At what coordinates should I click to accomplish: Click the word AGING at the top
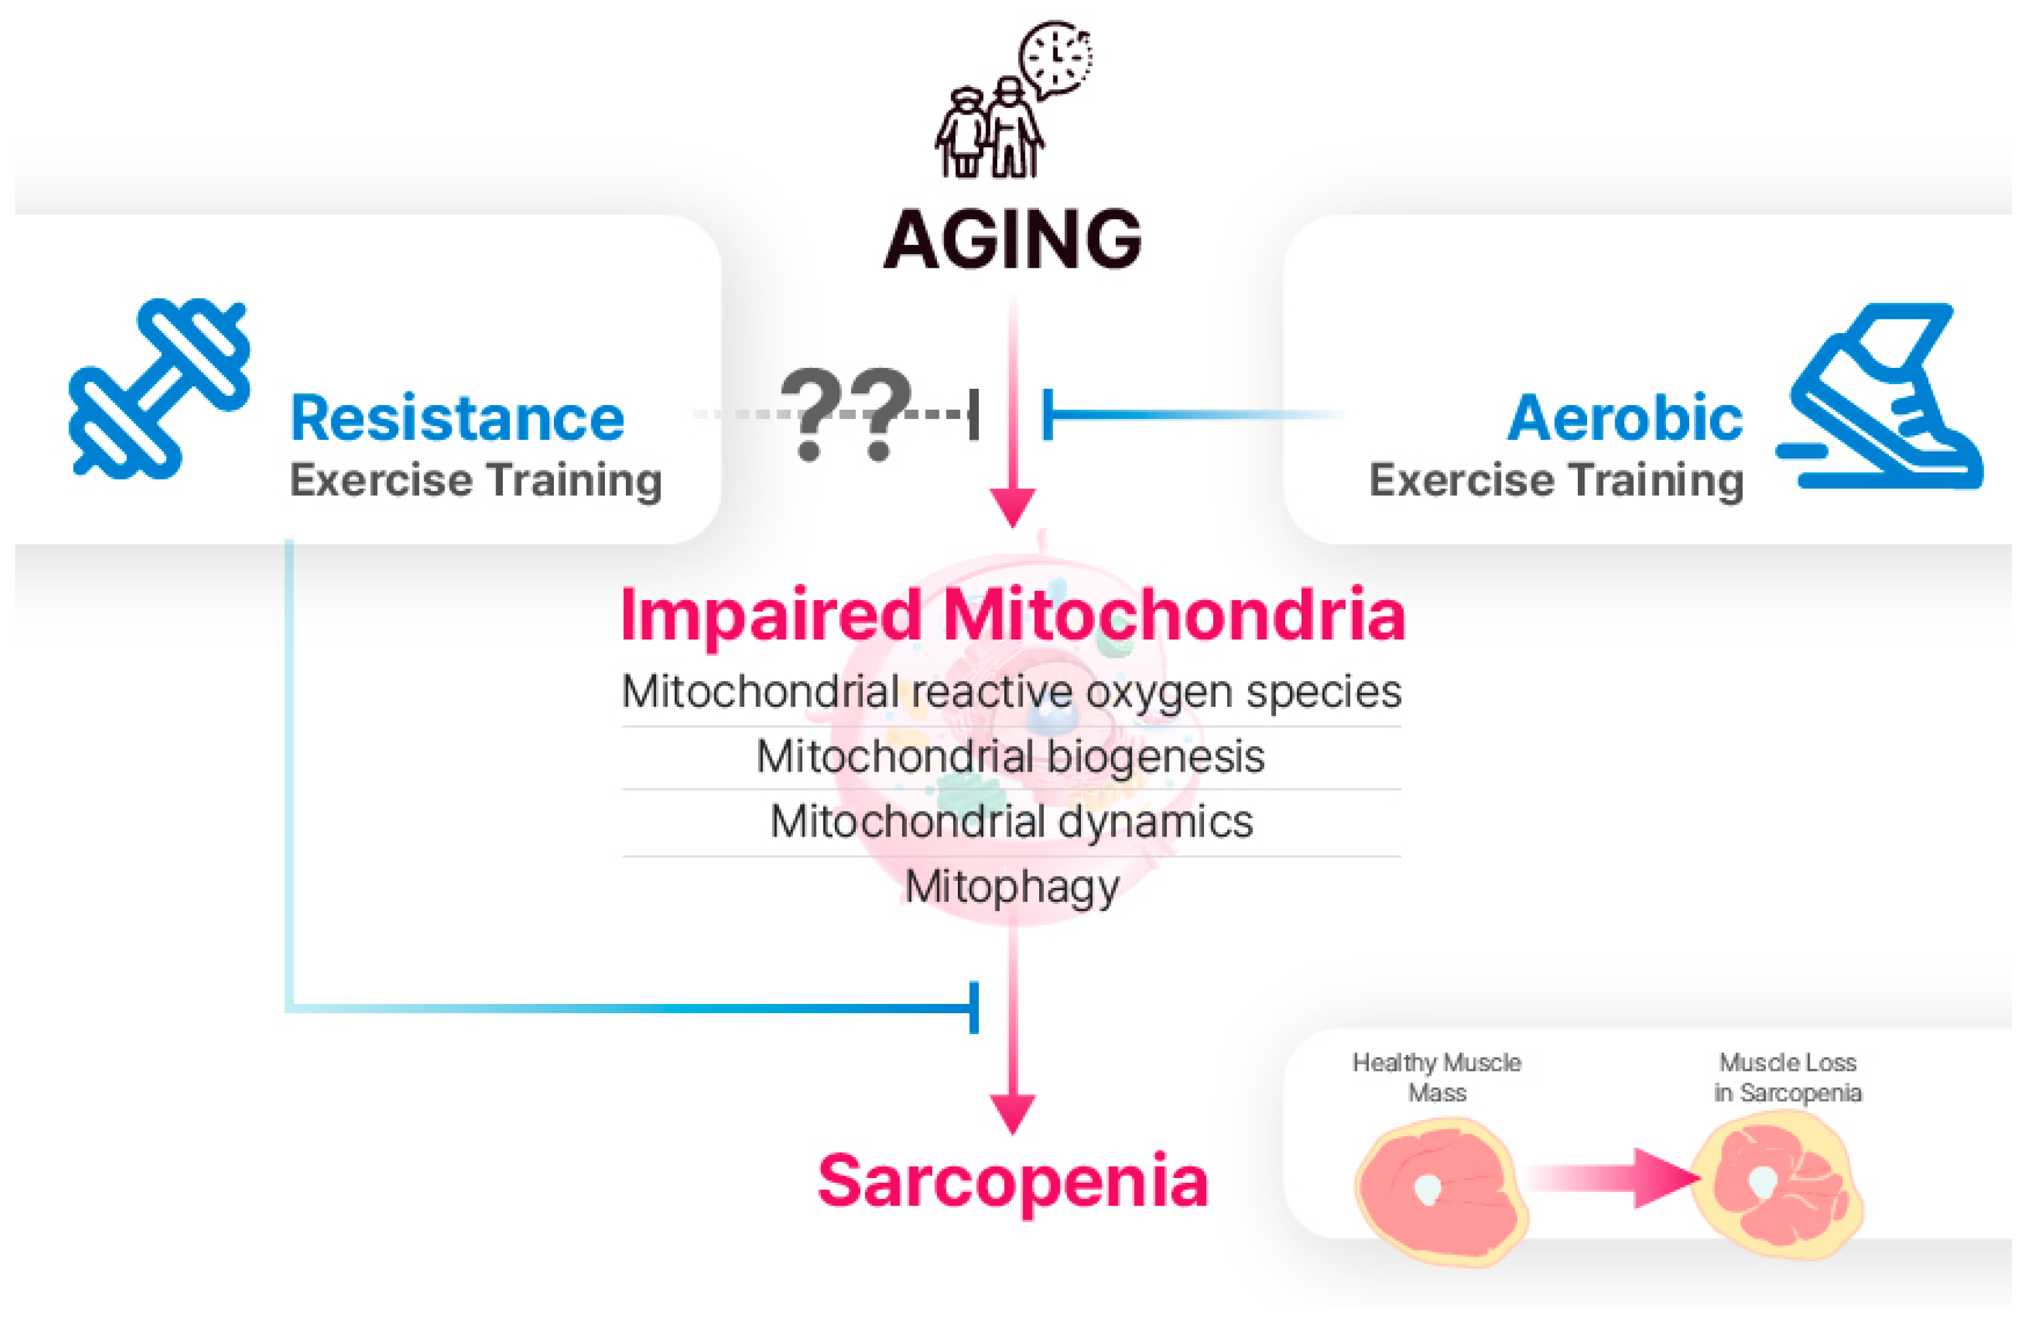point(1012,240)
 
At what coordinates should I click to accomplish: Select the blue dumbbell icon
point(160,388)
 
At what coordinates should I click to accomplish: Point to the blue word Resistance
point(458,419)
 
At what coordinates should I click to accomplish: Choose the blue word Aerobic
point(1624,419)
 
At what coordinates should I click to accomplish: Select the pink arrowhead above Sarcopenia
point(1013,1113)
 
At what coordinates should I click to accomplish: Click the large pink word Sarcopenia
point(1013,1182)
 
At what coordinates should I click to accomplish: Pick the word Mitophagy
point(1012,888)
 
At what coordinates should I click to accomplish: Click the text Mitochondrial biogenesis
point(1010,757)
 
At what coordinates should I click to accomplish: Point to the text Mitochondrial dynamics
point(1011,821)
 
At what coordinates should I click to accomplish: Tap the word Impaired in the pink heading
point(771,616)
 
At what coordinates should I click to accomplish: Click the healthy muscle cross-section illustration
point(1440,1191)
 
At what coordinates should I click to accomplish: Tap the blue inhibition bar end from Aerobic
point(1048,415)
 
